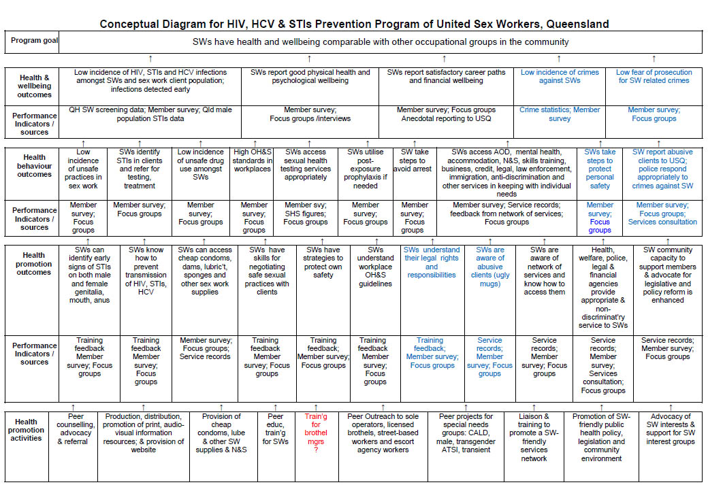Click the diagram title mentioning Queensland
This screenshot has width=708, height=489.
354,24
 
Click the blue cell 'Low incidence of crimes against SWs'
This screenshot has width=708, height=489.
560,76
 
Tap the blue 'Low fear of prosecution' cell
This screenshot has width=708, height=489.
654,76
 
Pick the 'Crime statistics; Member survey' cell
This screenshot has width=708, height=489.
560,114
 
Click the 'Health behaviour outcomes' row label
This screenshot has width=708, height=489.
34,166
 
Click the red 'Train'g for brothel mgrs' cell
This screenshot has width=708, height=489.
316,433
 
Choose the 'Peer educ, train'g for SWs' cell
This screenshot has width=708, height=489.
275,428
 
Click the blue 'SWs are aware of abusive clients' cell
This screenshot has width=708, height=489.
490,267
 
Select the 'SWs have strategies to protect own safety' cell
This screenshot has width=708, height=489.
323,263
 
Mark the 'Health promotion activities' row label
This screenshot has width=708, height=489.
27,430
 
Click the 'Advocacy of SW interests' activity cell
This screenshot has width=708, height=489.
671,428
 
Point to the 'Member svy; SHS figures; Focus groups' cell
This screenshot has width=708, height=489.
306,213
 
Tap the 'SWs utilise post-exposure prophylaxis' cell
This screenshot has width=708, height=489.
365,169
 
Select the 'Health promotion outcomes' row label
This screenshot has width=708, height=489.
34,264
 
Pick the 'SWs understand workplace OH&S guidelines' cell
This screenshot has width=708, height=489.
374,267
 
